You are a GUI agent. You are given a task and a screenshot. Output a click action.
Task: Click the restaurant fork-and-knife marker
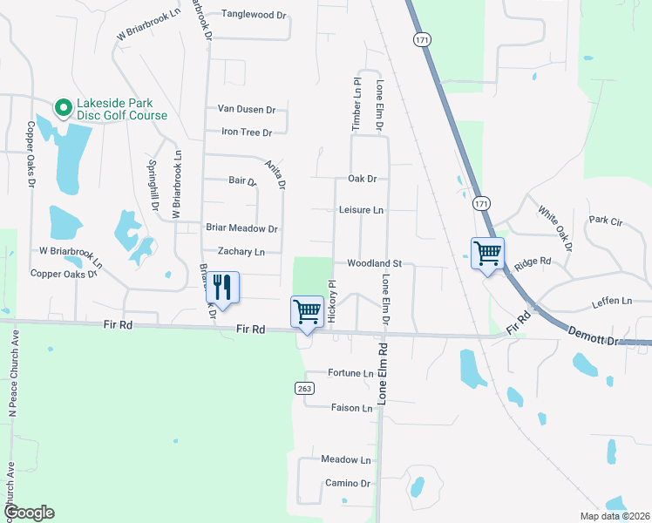222,287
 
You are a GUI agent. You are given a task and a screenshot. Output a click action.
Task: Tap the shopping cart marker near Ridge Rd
488,254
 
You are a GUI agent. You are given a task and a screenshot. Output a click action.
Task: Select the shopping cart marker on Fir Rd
307,312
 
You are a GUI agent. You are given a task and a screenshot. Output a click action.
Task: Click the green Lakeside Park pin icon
63,108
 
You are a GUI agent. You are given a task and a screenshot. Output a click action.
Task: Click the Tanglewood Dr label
254,15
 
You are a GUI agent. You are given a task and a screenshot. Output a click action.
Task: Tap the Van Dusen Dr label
246,110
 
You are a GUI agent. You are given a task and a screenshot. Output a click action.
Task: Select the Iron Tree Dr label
247,132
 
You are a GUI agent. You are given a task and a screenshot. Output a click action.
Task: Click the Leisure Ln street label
361,210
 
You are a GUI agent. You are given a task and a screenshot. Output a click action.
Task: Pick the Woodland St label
373,262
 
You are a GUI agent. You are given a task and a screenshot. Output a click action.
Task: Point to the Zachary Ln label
241,252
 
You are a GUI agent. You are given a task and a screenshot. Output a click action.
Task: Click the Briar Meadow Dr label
241,228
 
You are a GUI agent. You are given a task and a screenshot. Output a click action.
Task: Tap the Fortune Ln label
350,373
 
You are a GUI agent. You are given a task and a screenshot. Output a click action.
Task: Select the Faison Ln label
352,408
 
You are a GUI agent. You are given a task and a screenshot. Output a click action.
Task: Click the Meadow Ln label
346,459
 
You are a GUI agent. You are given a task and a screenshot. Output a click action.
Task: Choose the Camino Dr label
348,483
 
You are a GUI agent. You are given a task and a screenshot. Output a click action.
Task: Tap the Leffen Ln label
611,301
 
